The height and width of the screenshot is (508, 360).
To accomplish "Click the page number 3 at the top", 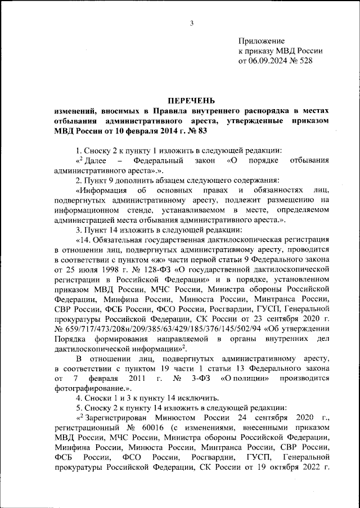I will pos(192,23).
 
